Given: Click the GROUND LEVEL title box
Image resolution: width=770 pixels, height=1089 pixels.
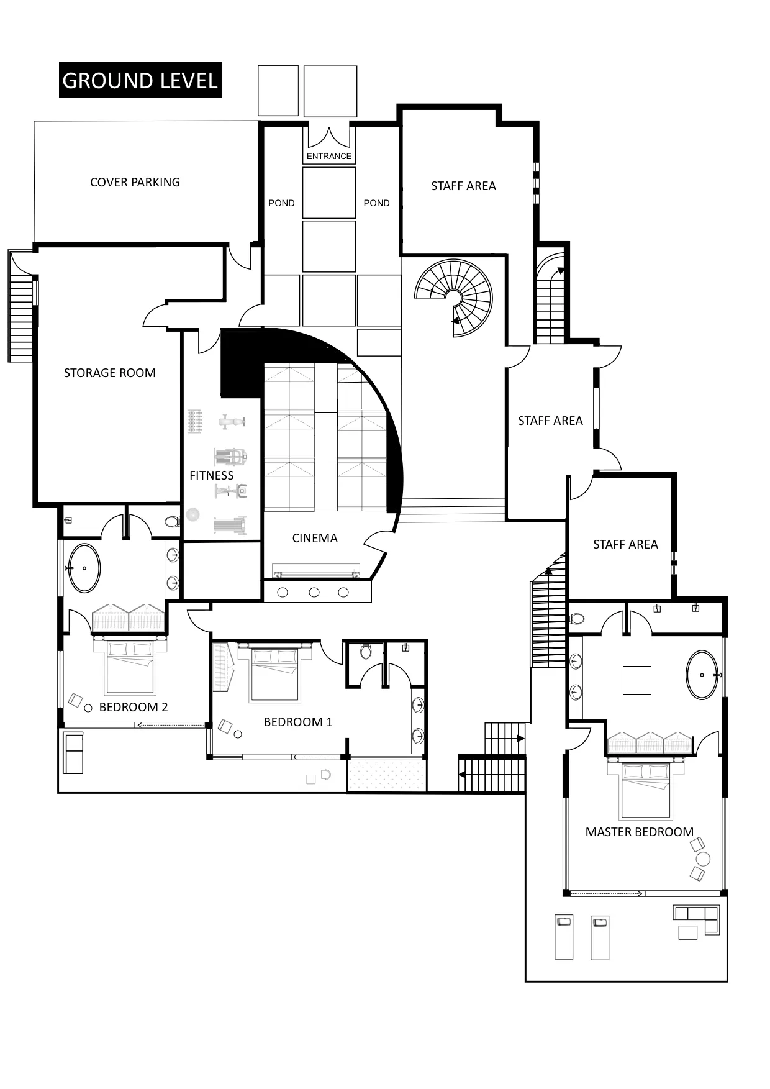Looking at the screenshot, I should click(140, 80).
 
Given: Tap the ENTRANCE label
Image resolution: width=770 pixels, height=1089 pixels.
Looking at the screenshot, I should click(328, 156).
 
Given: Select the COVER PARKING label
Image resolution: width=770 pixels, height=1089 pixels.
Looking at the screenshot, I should click(135, 182).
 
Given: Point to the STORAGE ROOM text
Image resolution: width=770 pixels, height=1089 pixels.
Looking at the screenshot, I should click(109, 373).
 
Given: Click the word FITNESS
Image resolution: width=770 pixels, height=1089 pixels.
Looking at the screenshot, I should click(211, 475).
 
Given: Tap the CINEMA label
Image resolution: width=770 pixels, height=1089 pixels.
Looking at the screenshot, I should click(315, 538).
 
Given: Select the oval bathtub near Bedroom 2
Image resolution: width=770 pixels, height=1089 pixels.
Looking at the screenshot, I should click(84, 568).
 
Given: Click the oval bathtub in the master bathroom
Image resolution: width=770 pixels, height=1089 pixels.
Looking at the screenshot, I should click(702, 675).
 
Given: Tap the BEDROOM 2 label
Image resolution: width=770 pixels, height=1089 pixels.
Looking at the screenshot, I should click(133, 707).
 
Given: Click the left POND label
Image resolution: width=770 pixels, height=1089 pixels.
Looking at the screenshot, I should click(281, 203).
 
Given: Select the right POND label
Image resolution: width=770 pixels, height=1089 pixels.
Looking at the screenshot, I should click(376, 203).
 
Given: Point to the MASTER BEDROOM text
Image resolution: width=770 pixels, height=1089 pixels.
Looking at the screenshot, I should click(639, 832).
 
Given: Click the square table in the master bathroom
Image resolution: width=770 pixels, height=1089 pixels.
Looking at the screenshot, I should click(636, 680).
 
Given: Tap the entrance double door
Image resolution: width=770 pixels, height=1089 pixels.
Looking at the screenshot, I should click(328, 137).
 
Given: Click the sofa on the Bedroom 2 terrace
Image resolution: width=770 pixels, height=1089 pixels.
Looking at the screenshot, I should click(73, 752).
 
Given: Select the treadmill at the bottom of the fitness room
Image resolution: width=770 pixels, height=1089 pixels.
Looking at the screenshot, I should click(230, 526).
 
